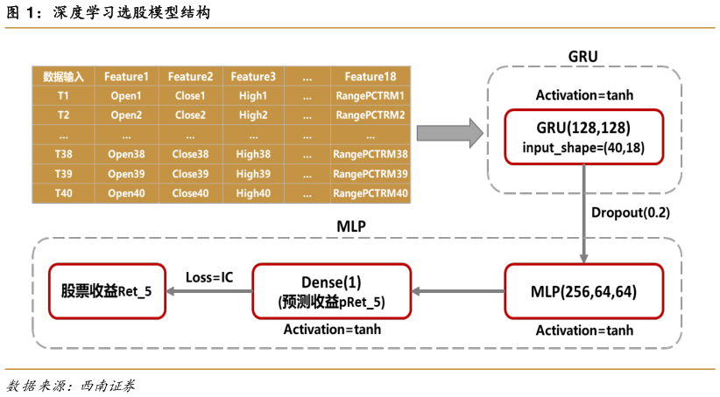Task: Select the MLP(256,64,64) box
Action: (584, 291)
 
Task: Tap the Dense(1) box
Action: (331, 291)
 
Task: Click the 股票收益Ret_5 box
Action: (107, 291)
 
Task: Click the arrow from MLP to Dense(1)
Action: (457, 291)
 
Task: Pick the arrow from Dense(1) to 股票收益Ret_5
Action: (208, 291)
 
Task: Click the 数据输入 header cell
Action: (63, 76)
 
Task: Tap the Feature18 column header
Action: (370, 76)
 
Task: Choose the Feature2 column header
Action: (190, 76)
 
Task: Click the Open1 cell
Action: (126, 95)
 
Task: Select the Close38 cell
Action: (190, 154)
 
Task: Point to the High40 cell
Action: (253, 193)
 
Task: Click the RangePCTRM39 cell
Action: (370, 173)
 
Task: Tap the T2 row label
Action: (63, 115)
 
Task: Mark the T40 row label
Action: (63, 193)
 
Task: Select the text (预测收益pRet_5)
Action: (331, 302)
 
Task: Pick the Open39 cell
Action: (126, 173)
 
